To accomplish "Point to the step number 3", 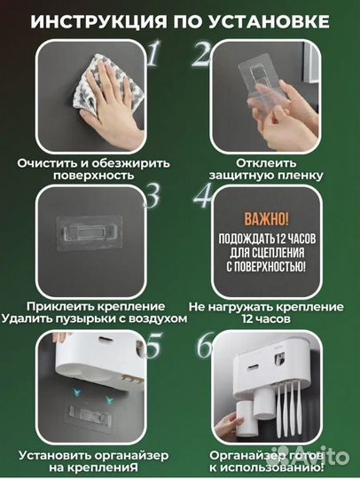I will tap(152, 195).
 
